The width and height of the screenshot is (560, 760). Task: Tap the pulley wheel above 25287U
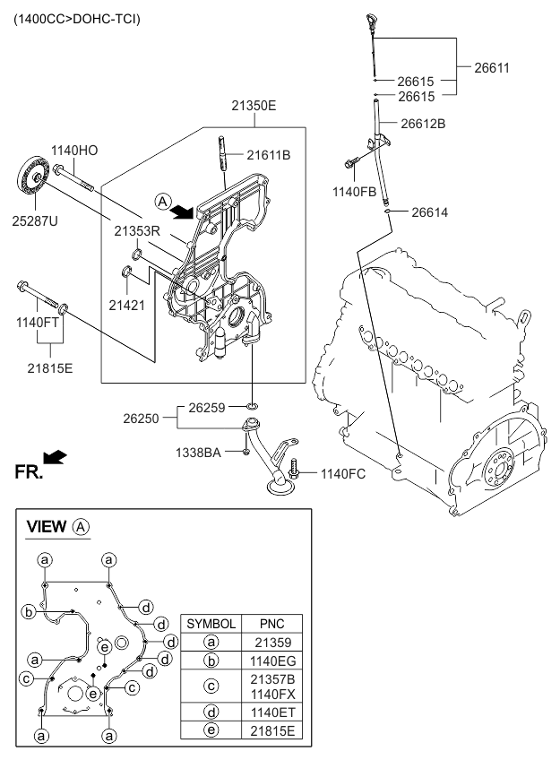(32, 176)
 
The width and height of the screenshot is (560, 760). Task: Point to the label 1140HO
(74, 151)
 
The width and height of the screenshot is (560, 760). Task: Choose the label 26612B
(422, 125)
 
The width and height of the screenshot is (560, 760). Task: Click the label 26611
(488, 67)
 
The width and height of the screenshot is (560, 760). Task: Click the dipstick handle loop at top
(372, 19)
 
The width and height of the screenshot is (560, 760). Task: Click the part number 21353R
(136, 230)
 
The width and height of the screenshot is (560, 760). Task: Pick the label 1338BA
(199, 453)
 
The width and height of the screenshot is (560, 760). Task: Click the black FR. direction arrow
(56, 457)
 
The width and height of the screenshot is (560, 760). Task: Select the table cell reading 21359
(271, 643)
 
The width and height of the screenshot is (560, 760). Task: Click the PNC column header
(271, 623)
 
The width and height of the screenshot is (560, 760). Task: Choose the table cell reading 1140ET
(271, 712)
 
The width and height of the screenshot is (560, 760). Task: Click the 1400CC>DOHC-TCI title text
(76, 19)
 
